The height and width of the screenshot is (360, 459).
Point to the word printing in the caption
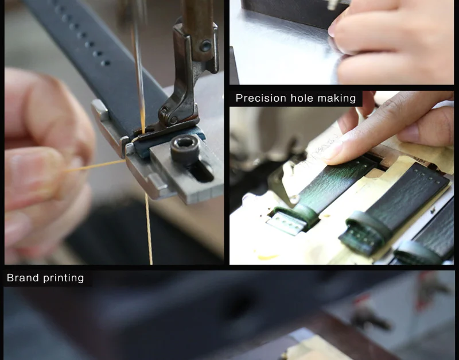(x=64, y=278)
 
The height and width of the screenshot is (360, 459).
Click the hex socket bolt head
(x=185, y=149)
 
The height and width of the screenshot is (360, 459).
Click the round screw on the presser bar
(x=205, y=47)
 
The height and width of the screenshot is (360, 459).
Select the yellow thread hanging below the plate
(x=149, y=229)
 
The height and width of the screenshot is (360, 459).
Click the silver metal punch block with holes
(x=286, y=223)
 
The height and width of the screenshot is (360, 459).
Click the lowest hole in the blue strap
(x=106, y=63)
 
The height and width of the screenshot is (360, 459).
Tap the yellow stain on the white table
(x=268, y=257)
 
